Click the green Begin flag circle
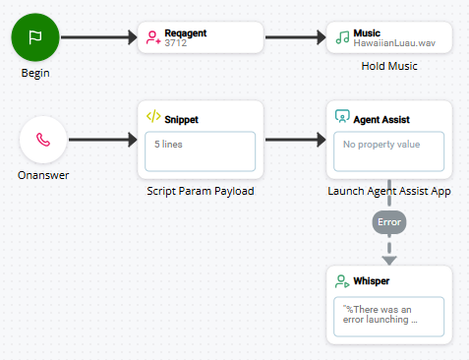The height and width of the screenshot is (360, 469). [36, 37]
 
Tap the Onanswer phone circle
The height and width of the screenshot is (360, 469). [42, 139]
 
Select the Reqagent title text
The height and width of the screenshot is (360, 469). [186, 32]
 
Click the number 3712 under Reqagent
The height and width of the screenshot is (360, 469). [175, 43]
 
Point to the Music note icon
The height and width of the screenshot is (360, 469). [342, 37]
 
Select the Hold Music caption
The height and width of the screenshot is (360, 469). [388, 67]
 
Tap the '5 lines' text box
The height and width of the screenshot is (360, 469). [201, 150]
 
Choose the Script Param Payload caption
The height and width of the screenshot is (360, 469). [201, 191]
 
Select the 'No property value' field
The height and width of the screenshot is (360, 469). [388, 150]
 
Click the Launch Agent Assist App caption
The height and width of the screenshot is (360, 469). [388, 191]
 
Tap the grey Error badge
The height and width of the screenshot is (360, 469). [389, 222]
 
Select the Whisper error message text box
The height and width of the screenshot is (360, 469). [388, 316]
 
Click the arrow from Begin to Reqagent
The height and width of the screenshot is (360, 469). [98, 38]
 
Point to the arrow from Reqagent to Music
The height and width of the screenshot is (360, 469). [295, 38]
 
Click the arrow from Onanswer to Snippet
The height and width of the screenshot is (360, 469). [103, 140]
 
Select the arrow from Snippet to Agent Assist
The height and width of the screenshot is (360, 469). [295, 140]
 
